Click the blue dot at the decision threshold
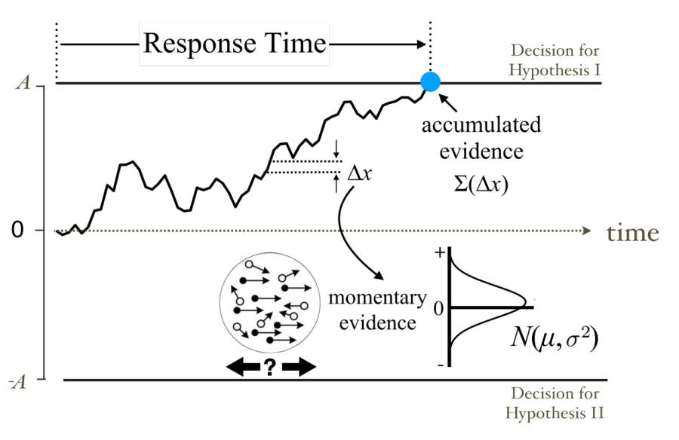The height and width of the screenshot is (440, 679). click(430, 82)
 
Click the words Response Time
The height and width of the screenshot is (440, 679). click(235, 44)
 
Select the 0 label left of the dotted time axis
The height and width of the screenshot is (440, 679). click(17, 230)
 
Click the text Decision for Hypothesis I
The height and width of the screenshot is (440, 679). click(556, 61)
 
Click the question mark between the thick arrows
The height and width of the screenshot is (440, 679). click(270, 367)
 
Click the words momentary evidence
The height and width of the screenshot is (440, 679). click(377, 310)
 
